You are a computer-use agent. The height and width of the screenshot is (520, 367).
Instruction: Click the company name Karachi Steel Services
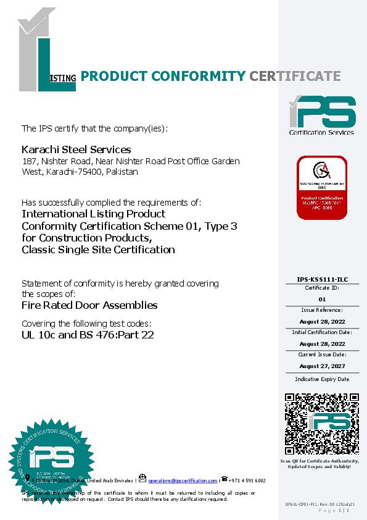pos(76,149)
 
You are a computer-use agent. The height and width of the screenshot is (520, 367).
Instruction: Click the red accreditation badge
pos(321,188)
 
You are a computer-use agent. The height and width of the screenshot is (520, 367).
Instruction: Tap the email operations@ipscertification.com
pos(183,480)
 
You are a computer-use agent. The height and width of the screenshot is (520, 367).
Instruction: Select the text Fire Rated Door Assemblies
pos(89,305)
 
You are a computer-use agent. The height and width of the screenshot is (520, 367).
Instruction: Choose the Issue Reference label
pos(321,309)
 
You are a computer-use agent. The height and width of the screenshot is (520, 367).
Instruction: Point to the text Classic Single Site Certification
pos(98,250)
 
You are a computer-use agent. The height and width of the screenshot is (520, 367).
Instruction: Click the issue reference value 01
pos(321,298)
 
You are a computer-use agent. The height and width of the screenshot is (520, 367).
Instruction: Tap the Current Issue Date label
pos(321,354)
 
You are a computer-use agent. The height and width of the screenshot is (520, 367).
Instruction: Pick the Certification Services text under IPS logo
pos(321,132)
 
